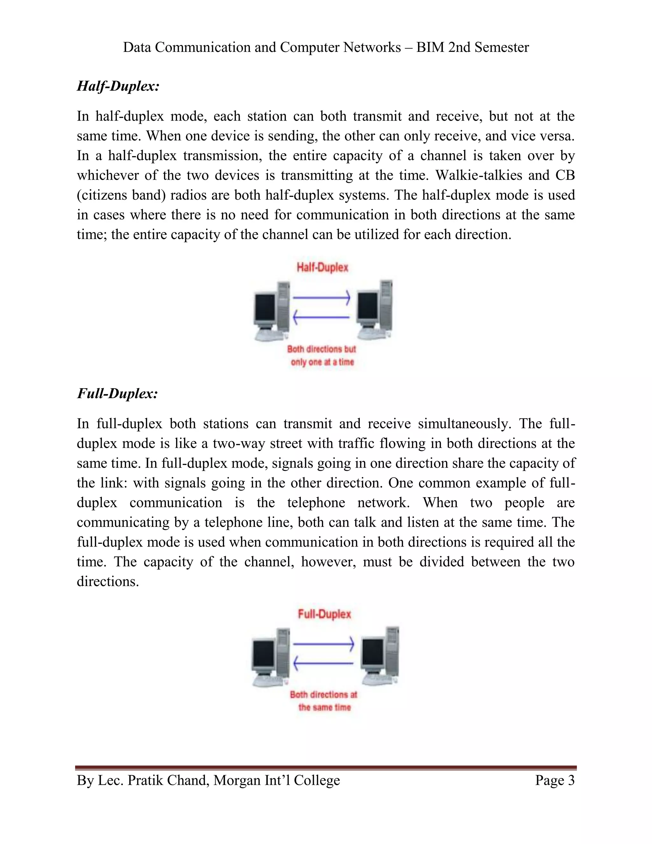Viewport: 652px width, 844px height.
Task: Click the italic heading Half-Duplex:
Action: pos(118,86)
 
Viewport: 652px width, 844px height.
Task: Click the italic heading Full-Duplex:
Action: pos(117,393)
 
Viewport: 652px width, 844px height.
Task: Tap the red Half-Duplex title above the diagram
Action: pos(322,268)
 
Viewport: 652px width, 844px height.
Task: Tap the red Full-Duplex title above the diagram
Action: pos(324,614)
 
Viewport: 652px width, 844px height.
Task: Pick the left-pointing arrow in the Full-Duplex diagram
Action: pos(324,663)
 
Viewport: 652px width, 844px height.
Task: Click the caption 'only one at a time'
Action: pos(322,362)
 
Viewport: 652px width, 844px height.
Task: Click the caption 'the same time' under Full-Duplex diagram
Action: pos(324,708)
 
